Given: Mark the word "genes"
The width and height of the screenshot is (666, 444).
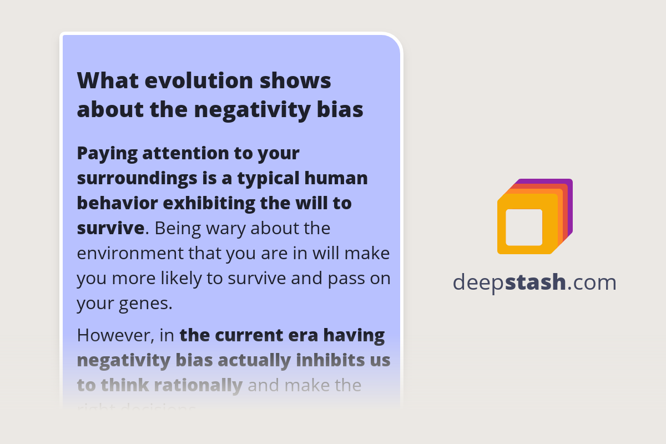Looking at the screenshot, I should coord(145,304).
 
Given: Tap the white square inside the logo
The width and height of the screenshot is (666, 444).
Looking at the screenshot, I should coord(523,227).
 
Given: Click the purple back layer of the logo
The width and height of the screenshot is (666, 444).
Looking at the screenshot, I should coord(569,189).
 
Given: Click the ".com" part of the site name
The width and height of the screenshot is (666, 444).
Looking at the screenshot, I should coord(592,282).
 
